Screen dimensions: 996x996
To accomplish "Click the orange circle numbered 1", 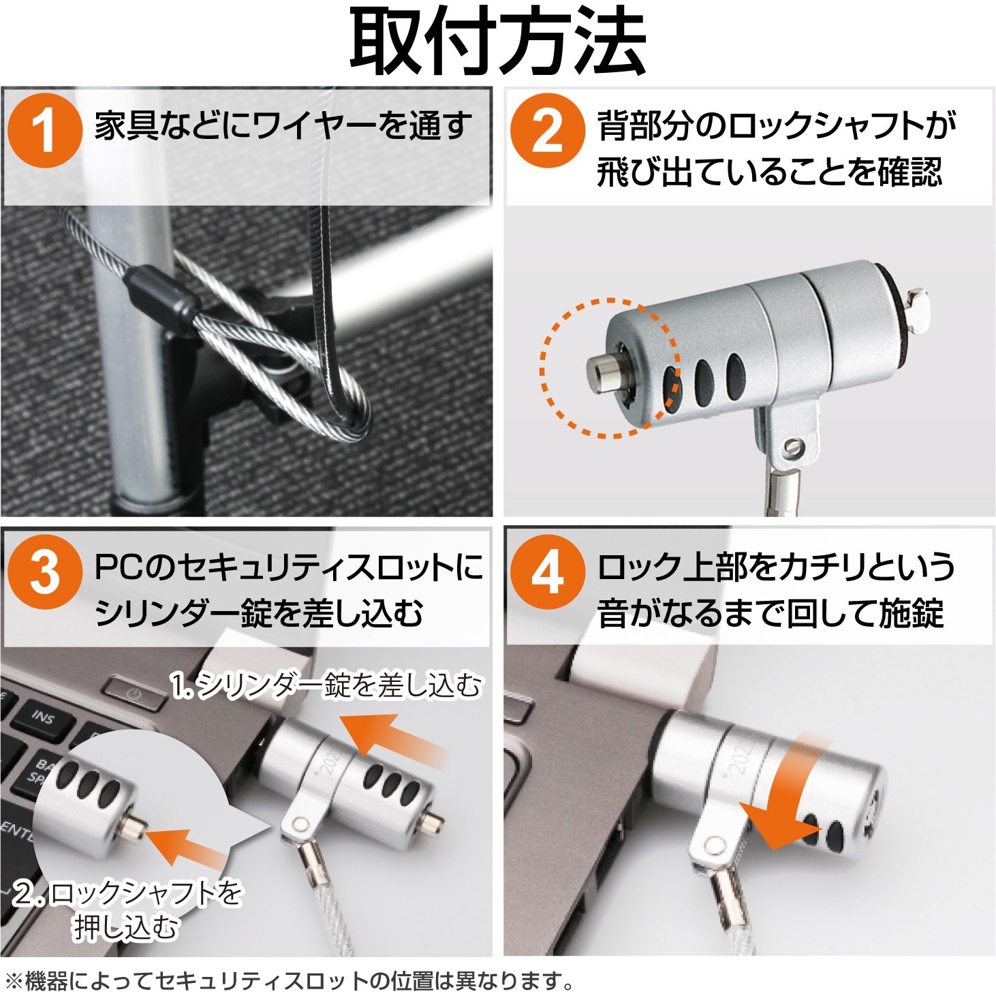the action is (45, 130).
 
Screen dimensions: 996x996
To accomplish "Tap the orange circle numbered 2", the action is (547, 130).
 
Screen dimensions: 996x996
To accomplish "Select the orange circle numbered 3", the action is (45, 573).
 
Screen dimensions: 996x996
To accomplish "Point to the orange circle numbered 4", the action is (547, 573).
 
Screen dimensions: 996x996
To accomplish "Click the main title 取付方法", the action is (498, 42).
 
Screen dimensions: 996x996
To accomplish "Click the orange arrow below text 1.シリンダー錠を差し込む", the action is (398, 745).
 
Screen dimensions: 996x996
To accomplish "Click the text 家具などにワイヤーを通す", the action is (283, 126).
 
